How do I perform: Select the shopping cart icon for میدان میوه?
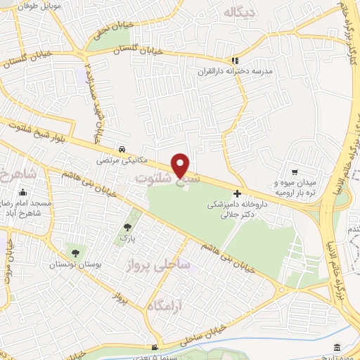click(x=295, y=172)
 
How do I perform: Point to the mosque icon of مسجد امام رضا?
click(x=23, y=193)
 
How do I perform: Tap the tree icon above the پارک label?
click(x=127, y=227)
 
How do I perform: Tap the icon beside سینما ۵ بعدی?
click(x=155, y=347)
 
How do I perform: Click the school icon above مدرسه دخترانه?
click(x=236, y=60)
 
